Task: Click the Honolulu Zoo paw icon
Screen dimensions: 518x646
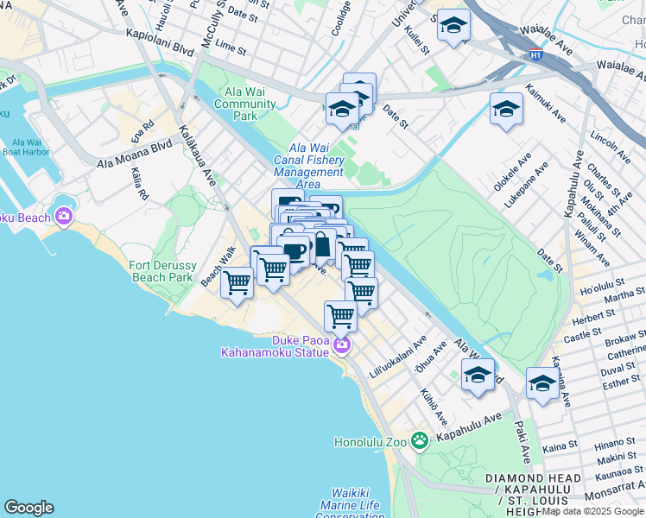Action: [420, 441]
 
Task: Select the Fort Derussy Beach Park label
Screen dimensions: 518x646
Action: [161, 271]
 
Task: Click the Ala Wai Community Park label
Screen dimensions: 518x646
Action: [245, 104]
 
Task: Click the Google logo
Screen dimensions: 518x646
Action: [28, 508]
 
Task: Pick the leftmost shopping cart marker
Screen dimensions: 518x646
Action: [237, 282]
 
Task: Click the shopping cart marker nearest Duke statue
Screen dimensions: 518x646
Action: [340, 316]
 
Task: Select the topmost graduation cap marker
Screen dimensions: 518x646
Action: [453, 25]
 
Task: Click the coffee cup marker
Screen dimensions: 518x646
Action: [294, 251]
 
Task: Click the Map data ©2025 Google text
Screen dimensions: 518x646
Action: [592, 511]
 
